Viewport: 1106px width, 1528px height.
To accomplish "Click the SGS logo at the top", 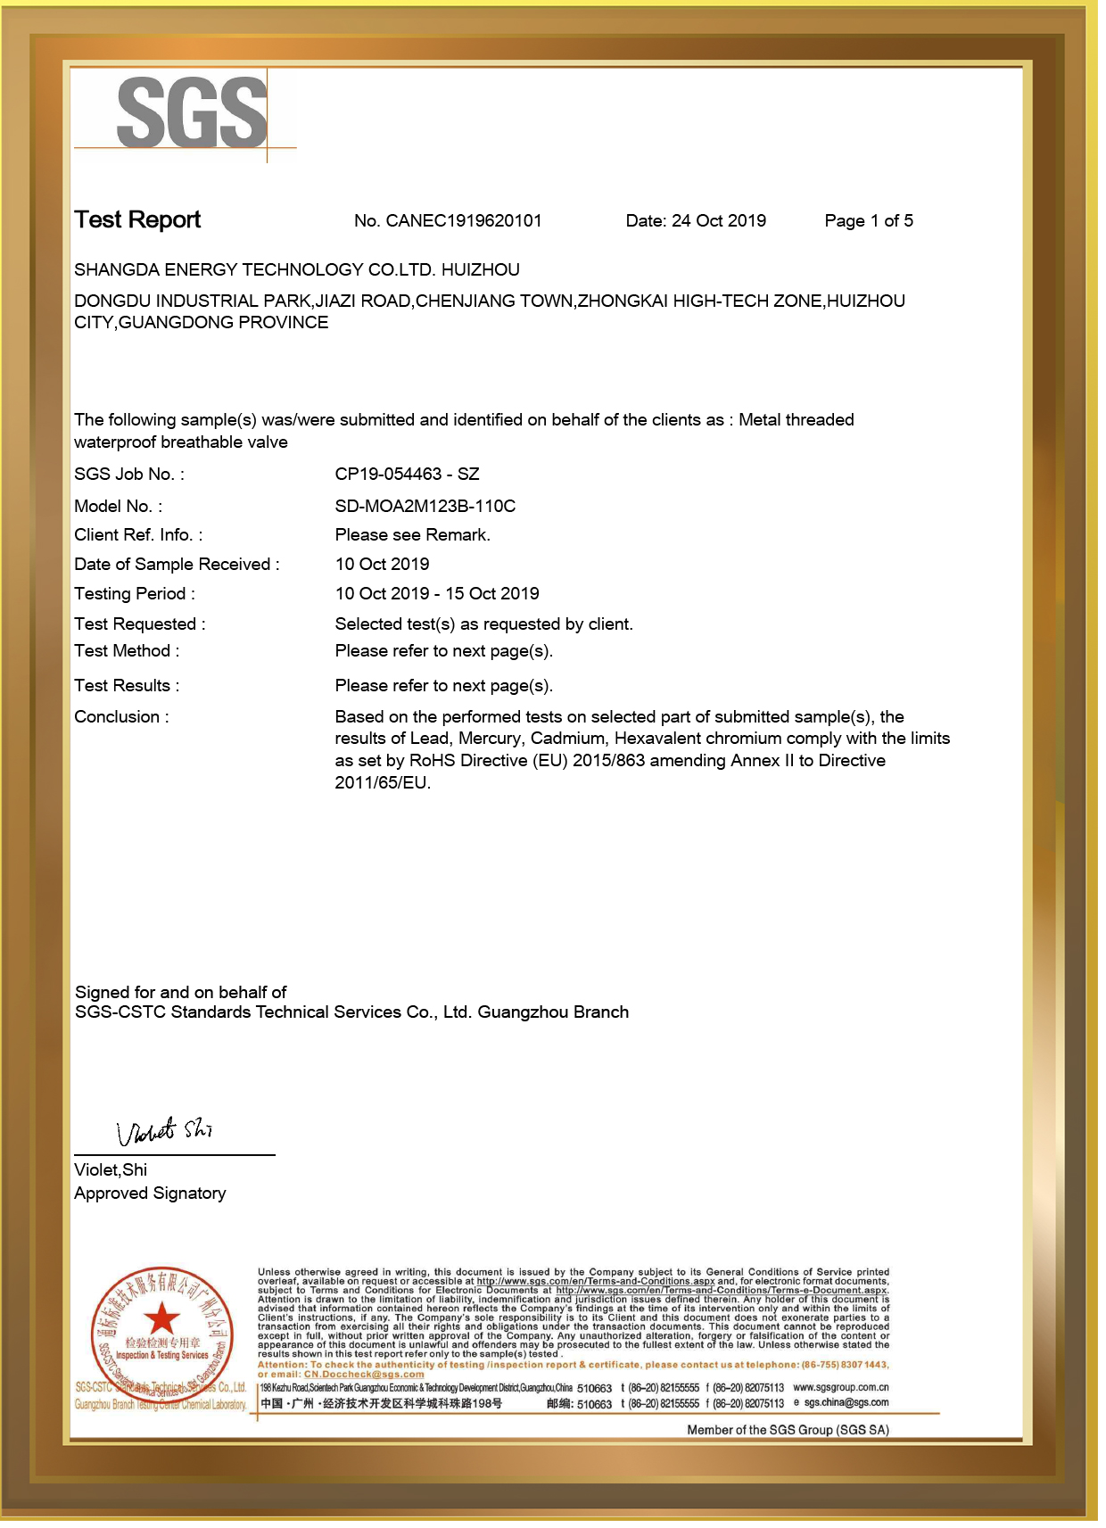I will tap(192, 112).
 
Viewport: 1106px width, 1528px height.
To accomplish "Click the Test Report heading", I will tap(137, 219).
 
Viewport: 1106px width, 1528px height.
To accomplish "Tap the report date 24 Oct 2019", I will tap(718, 221).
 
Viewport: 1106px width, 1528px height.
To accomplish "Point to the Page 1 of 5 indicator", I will tap(868, 221).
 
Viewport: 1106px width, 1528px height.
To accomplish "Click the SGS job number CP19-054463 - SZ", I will tap(407, 475).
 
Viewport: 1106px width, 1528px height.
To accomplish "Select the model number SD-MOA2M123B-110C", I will tap(425, 507).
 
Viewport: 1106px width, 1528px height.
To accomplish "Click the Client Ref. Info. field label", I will tap(138, 535).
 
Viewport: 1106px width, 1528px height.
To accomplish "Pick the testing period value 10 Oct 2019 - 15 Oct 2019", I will tap(436, 594).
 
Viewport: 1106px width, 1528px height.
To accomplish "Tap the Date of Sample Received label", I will tap(177, 565).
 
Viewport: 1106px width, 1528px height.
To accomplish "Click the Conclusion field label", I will tap(121, 717).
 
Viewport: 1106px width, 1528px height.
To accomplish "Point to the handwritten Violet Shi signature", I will tap(165, 1132).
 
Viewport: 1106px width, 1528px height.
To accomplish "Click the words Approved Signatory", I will tap(150, 1193).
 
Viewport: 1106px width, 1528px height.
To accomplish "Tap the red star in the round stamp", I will tap(161, 1317).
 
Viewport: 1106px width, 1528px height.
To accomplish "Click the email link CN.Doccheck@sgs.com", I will tap(364, 1375).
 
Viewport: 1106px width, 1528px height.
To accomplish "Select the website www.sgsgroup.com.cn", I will tap(840, 1388).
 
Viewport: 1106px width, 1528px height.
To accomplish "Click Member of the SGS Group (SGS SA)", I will tap(788, 1430).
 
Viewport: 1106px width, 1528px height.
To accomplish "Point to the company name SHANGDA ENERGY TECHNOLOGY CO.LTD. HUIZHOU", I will tap(296, 270).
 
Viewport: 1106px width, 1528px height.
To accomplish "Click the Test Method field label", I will tap(127, 651).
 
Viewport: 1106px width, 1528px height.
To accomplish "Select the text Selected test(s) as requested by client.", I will tap(483, 624).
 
